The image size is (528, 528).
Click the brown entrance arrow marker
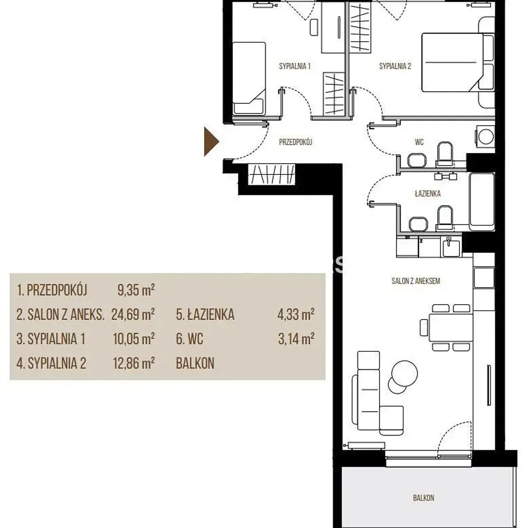211,142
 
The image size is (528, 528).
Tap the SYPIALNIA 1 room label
295,66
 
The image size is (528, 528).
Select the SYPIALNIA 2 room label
395,66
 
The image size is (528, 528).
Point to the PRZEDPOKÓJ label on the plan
295,142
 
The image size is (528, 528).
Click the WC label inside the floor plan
419,142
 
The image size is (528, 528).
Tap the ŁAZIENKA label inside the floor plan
428,193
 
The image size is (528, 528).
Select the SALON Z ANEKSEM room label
416,281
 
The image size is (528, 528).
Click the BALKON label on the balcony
423,498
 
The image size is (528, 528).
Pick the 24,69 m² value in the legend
133,315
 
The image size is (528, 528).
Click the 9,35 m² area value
136,290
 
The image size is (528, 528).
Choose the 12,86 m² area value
134,363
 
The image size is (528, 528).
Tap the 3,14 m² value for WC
296,339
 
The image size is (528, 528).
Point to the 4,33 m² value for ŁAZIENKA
296,315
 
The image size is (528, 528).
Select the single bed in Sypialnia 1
249,78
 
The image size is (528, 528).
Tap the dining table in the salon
450,328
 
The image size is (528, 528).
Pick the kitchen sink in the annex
450,248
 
